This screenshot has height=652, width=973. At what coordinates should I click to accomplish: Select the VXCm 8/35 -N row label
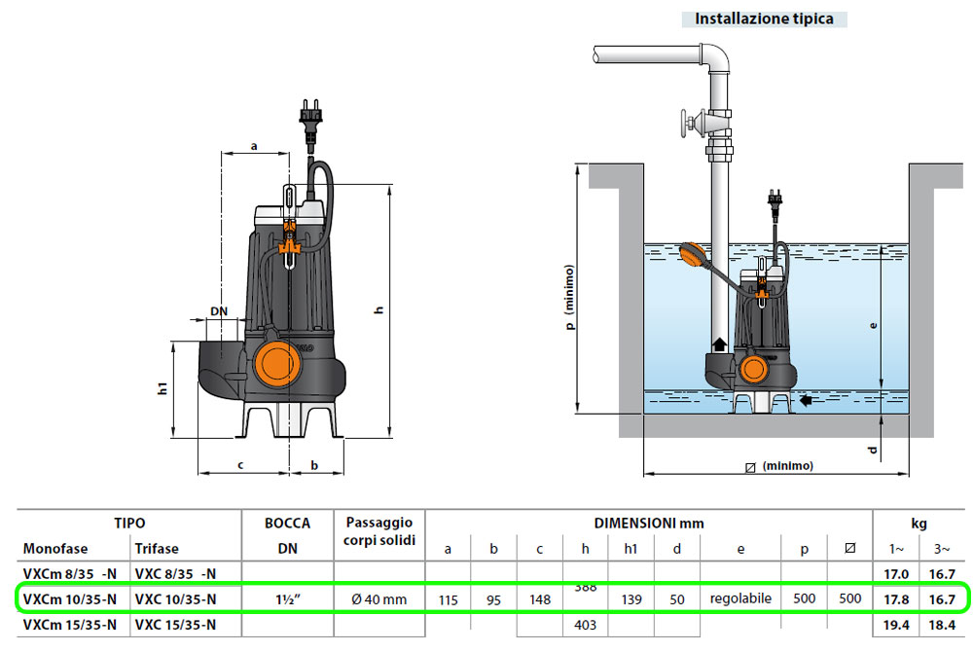coord(70,573)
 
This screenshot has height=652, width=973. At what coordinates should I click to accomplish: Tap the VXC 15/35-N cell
coord(175,624)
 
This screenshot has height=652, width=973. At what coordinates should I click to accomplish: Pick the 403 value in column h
coord(585,624)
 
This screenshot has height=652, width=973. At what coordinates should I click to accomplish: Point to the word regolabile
coord(740,598)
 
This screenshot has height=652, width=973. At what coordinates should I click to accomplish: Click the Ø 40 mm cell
coord(379,599)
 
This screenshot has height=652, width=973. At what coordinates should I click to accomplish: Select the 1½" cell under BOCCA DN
coord(287,599)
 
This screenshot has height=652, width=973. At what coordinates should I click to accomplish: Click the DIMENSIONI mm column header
coord(648,524)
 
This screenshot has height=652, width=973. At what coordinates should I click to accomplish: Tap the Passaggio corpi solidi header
coord(379,531)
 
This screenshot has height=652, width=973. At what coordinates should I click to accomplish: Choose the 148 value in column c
coord(539,599)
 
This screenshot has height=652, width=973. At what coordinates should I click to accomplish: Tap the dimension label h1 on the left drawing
coord(163,388)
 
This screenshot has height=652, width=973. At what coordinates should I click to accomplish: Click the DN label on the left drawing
coord(219,312)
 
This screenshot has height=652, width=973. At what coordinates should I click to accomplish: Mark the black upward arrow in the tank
coord(719,343)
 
